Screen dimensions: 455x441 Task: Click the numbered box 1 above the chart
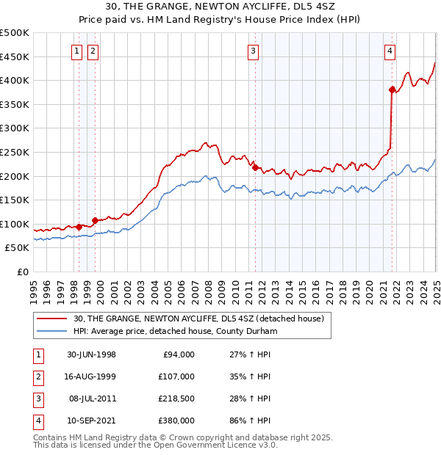click(78, 51)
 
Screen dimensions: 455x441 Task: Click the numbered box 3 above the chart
click(253, 51)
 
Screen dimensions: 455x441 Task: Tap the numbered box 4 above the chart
click(390, 51)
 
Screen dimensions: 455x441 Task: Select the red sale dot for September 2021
click(392, 90)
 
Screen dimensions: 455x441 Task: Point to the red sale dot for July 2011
click(255, 167)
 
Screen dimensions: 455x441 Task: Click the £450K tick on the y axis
click(15, 57)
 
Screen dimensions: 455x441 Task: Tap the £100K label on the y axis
click(15, 224)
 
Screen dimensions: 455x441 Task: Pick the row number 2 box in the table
click(37, 376)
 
